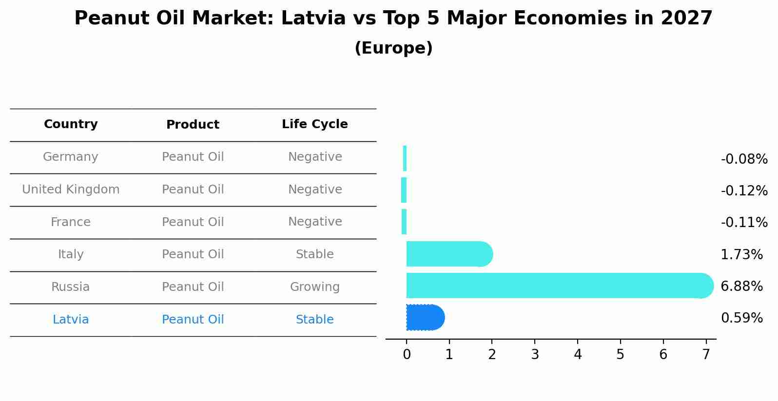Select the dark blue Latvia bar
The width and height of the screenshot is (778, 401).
pyautogui.click(x=425, y=318)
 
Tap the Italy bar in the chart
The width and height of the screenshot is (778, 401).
pyautogui.click(x=449, y=254)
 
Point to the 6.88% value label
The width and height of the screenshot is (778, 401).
pyautogui.click(x=741, y=286)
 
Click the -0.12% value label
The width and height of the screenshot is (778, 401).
pyautogui.click(x=744, y=191)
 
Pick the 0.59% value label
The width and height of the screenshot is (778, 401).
pyautogui.click(x=741, y=318)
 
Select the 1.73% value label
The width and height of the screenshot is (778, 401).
pyautogui.click(x=741, y=255)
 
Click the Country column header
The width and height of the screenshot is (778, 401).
pyautogui.click(x=71, y=124)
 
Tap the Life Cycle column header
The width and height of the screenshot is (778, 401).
pyautogui.click(x=314, y=124)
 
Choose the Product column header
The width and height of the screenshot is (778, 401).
pyautogui.click(x=193, y=125)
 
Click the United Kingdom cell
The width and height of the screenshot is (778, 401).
pyautogui.click(x=71, y=190)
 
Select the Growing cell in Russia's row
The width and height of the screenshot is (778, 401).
pyautogui.click(x=314, y=287)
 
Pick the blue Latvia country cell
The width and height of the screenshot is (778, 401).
pyautogui.click(x=71, y=320)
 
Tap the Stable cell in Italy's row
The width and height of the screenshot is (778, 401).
pyautogui.click(x=314, y=254)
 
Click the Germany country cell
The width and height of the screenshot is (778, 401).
pyautogui.click(x=71, y=157)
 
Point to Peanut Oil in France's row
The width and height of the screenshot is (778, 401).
pyautogui.click(x=193, y=222)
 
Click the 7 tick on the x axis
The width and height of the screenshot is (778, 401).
pyautogui.click(x=705, y=355)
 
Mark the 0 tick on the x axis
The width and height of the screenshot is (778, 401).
pyautogui.click(x=407, y=355)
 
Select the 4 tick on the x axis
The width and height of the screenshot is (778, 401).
pyautogui.click(x=578, y=355)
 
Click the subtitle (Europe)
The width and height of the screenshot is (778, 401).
pyautogui.click(x=393, y=48)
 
